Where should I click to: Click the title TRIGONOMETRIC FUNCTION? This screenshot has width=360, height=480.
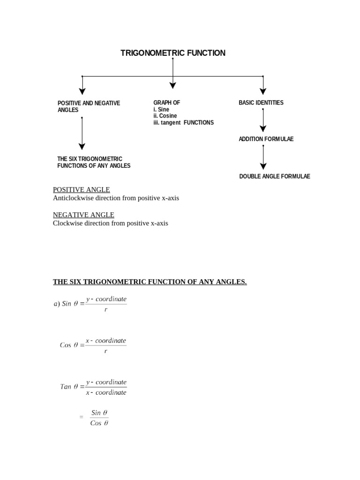click(173, 53)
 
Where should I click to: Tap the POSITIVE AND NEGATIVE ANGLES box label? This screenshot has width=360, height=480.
click(89, 106)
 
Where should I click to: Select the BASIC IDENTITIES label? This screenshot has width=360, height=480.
click(261, 103)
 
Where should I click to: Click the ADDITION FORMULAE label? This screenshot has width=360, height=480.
click(266, 139)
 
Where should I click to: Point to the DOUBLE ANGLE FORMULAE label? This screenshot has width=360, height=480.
click(275, 176)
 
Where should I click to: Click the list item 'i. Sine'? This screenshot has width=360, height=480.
click(161, 109)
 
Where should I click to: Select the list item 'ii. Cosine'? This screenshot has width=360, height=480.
click(165, 116)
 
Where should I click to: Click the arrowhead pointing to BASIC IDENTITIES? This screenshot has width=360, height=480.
click(263, 91)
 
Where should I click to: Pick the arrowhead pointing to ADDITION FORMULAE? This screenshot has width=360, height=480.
click(263, 128)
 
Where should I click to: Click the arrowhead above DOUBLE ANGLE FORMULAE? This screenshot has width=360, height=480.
click(263, 165)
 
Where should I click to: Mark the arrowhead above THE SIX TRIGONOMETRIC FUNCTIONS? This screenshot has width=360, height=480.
click(82, 147)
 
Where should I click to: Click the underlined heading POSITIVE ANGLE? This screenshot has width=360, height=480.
click(82, 189)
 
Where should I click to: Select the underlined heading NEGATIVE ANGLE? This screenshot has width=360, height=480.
click(83, 215)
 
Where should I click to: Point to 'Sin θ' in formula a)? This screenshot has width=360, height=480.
click(70, 304)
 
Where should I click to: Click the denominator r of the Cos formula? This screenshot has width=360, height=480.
click(106, 351)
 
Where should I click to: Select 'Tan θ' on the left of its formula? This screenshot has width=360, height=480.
click(69, 387)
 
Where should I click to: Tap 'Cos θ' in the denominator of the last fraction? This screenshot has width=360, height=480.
click(99, 423)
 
